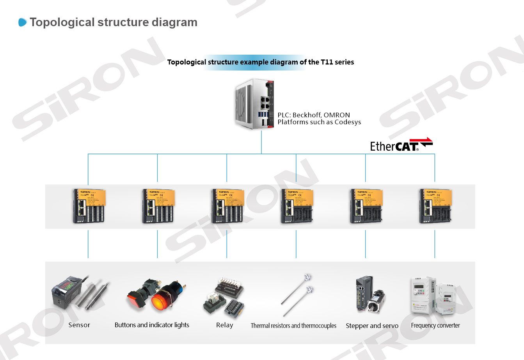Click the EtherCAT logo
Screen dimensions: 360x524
(x=401, y=145)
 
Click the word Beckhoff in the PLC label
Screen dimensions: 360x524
(x=307, y=115)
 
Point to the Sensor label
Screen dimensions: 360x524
(x=79, y=325)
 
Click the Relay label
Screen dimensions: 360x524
(x=224, y=325)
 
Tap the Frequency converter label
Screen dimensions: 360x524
(x=435, y=326)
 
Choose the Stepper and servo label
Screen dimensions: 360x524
(x=372, y=326)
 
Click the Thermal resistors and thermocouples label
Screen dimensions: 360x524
(x=293, y=326)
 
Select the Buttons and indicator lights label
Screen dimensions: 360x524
(x=152, y=325)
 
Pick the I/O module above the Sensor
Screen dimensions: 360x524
(x=89, y=206)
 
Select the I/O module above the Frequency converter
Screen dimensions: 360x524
(x=435, y=206)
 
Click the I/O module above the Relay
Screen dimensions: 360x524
(x=227, y=206)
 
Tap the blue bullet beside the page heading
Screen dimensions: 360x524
(x=23, y=23)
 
